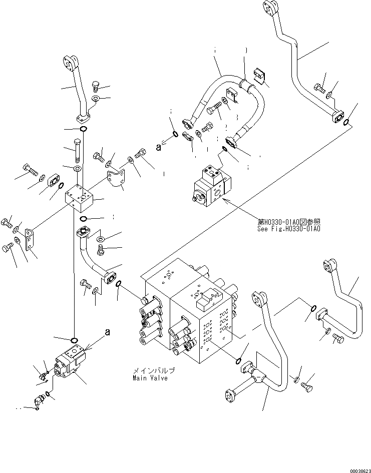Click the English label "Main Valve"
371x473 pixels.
(150, 378)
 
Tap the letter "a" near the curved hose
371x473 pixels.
(159, 147)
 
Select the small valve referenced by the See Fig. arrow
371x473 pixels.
(211, 188)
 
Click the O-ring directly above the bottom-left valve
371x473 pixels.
(74, 340)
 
